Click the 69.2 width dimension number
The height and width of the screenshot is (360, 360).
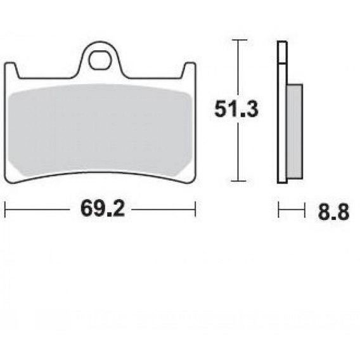(x=103, y=209)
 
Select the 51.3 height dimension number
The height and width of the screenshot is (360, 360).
(x=236, y=109)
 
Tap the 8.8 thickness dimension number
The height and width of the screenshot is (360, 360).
(x=333, y=212)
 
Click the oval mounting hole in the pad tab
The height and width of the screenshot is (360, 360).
(x=99, y=60)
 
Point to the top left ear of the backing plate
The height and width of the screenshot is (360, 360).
(x=11, y=70)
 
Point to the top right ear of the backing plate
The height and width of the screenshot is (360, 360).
(x=190, y=70)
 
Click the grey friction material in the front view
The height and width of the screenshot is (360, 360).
(x=100, y=130)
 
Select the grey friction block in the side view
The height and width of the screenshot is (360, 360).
(x=295, y=131)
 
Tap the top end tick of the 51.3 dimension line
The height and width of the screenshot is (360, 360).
(x=239, y=40)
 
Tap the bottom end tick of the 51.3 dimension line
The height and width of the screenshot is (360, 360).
(x=239, y=181)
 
